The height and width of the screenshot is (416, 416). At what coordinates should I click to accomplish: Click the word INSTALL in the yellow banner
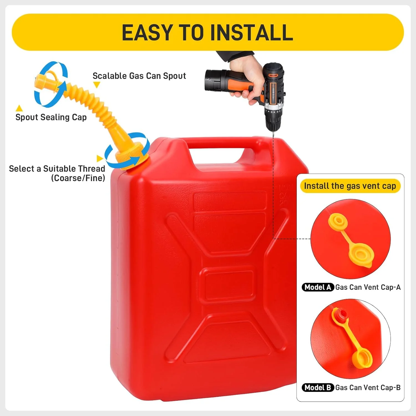[252, 32]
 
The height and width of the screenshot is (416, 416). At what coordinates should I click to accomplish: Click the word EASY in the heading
[147, 32]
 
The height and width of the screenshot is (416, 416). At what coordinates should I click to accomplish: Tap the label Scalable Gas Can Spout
[139, 76]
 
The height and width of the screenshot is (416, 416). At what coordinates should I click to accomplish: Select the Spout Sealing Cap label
[51, 117]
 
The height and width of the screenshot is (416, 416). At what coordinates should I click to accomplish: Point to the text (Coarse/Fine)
[78, 178]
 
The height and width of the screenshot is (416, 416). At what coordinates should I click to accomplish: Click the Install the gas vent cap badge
[350, 186]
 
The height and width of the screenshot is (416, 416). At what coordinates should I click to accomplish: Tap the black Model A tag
[318, 287]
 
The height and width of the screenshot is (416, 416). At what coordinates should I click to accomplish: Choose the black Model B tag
[318, 387]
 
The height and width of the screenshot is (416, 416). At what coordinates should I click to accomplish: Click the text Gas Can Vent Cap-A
[368, 287]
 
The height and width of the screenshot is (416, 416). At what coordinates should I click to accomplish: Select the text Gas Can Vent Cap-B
[368, 387]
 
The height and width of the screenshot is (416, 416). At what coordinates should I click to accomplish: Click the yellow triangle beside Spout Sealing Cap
[19, 108]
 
